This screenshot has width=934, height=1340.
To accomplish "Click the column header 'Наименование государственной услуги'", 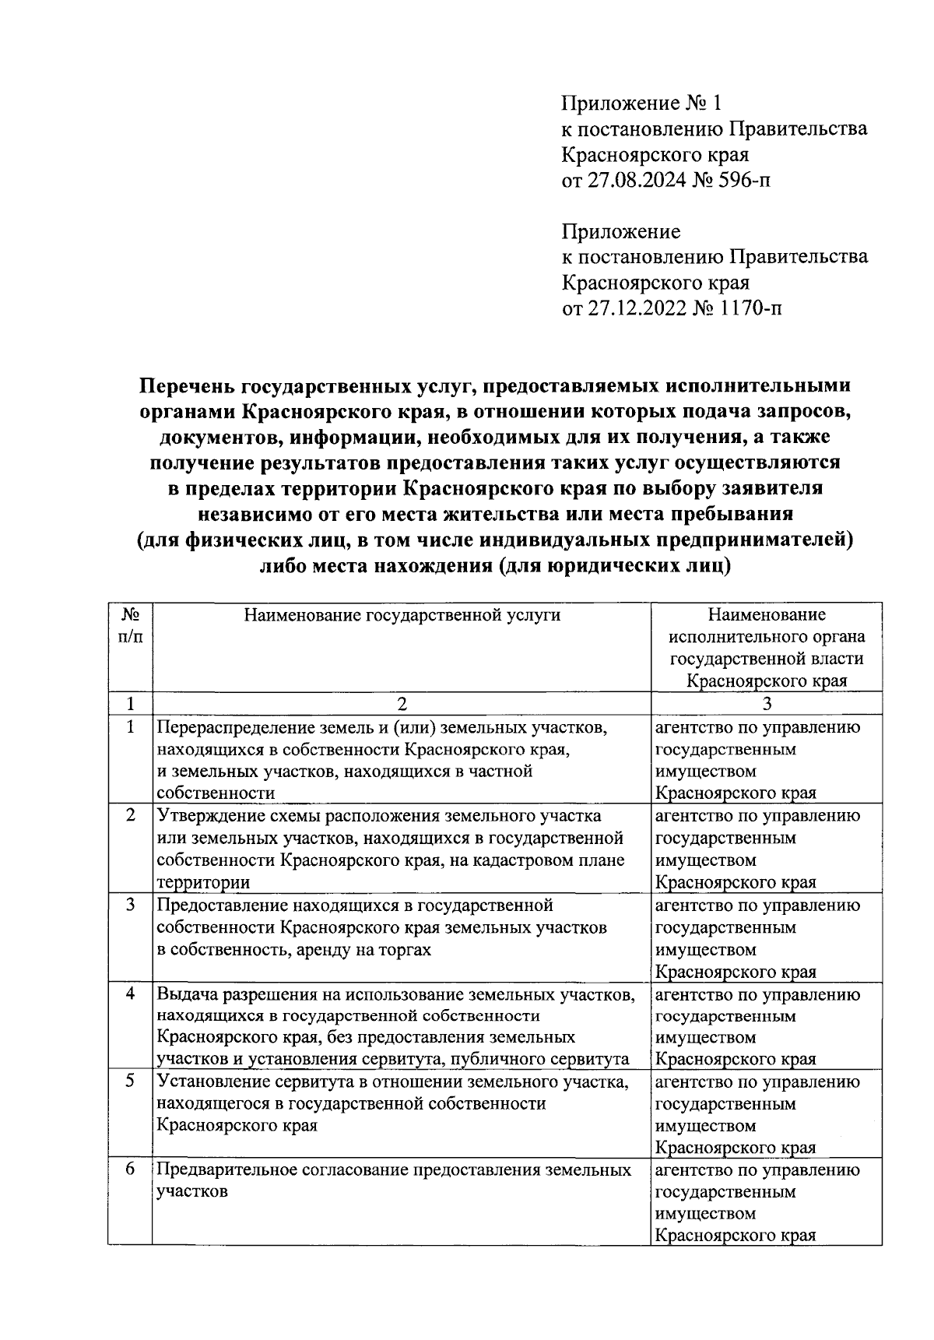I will click(x=402, y=615).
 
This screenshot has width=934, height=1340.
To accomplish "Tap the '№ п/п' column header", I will click(x=130, y=625).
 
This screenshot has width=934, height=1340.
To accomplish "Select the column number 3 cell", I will click(x=767, y=704).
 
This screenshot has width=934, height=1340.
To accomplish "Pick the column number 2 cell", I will click(x=402, y=704).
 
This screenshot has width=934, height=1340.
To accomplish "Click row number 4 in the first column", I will click(x=130, y=994).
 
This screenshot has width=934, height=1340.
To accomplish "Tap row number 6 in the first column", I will click(x=130, y=1169).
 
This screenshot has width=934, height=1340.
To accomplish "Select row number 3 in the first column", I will click(x=130, y=905).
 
